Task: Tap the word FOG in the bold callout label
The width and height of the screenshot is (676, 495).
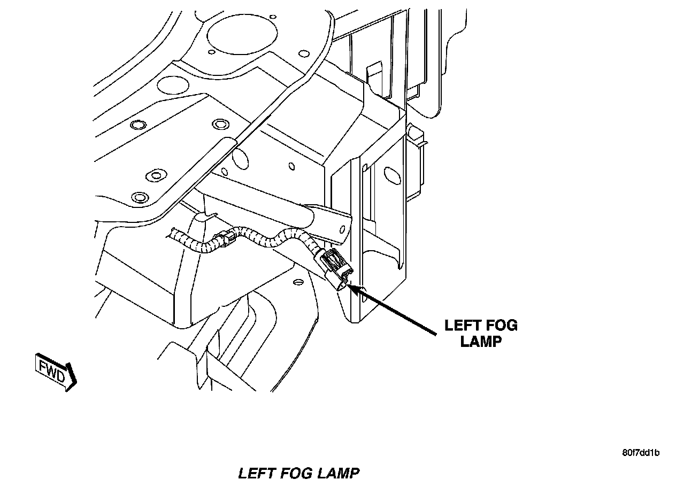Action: (501, 325)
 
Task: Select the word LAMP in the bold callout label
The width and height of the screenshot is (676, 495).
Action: (481, 341)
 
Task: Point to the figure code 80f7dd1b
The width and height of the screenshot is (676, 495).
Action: (641, 453)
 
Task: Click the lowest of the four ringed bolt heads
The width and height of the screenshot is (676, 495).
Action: (139, 196)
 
